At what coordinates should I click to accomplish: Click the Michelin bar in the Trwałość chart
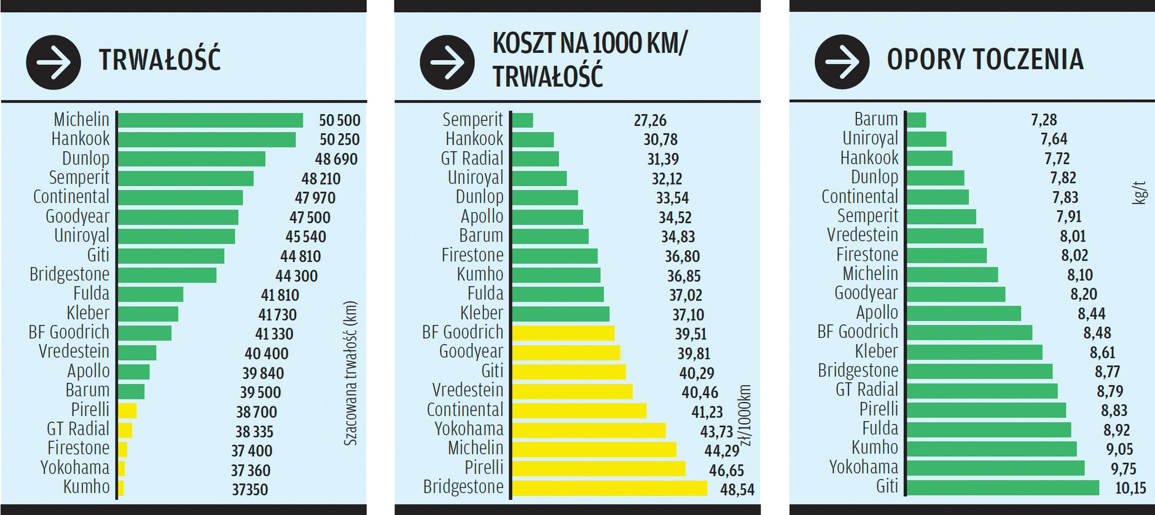click(210, 120)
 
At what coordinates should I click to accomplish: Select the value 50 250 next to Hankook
click(339, 140)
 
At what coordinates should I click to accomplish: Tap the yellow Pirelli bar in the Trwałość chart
click(127, 411)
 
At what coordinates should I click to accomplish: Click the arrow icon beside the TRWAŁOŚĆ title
click(53, 62)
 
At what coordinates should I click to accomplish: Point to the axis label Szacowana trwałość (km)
click(350, 373)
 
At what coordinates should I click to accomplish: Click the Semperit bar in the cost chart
click(522, 120)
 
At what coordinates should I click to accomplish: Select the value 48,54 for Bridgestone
click(737, 490)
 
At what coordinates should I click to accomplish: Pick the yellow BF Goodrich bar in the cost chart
click(563, 333)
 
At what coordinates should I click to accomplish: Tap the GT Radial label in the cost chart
click(472, 159)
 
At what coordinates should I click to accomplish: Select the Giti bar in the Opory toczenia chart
click(1003, 487)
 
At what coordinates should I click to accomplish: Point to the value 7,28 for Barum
click(1044, 119)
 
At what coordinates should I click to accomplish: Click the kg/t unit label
click(1139, 192)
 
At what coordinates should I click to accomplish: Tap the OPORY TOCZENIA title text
click(985, 60)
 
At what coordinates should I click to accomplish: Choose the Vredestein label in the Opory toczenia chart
click(862, 235)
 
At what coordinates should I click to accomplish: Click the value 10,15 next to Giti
click(1130, 488)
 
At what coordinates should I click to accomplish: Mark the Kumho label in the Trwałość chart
click(86, 487)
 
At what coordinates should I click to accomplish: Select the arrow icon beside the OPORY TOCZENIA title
click(842, 62)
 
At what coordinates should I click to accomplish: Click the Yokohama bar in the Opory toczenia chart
click(995, 468)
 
